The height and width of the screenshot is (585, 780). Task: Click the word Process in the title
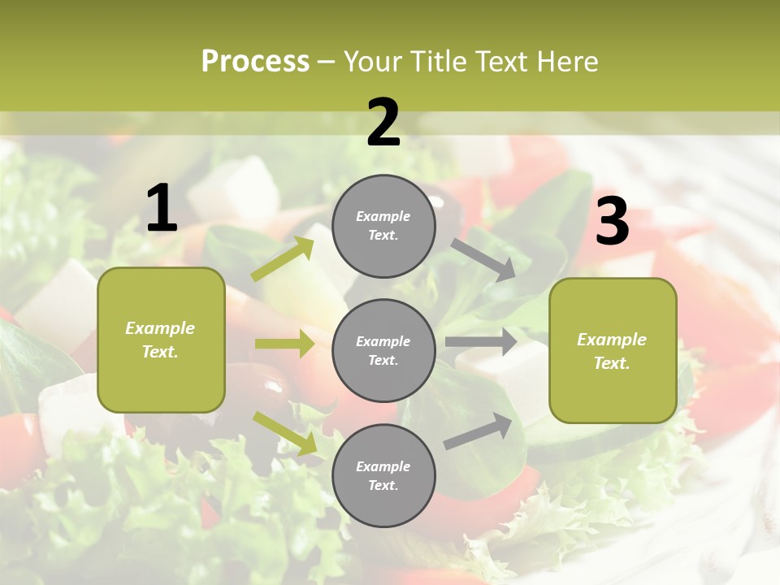(x=255, y=61)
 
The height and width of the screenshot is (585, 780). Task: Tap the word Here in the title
(x=566, y=61)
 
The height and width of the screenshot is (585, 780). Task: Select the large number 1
(x=162, y=209)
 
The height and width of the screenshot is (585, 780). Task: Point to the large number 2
(x=383, y=123)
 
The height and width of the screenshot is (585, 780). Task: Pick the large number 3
(x=612, y=221)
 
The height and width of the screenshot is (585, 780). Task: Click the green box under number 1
(x=161, y=340)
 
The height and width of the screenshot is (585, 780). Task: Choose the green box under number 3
(x=613, y=350)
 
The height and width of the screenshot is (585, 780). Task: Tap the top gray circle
(x=383, y=226)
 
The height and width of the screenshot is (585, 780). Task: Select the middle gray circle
(x=383, y=350)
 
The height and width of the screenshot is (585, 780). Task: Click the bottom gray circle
(x=383, y=475)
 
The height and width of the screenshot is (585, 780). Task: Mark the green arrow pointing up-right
(x=283, y=259)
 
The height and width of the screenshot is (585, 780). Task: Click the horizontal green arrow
(x=284, y=344)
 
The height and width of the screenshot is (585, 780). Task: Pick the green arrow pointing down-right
(x=285, y=433)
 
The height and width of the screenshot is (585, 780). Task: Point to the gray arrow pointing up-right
(x=479, y=431)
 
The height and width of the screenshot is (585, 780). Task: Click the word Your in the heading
(x=373, y=61)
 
